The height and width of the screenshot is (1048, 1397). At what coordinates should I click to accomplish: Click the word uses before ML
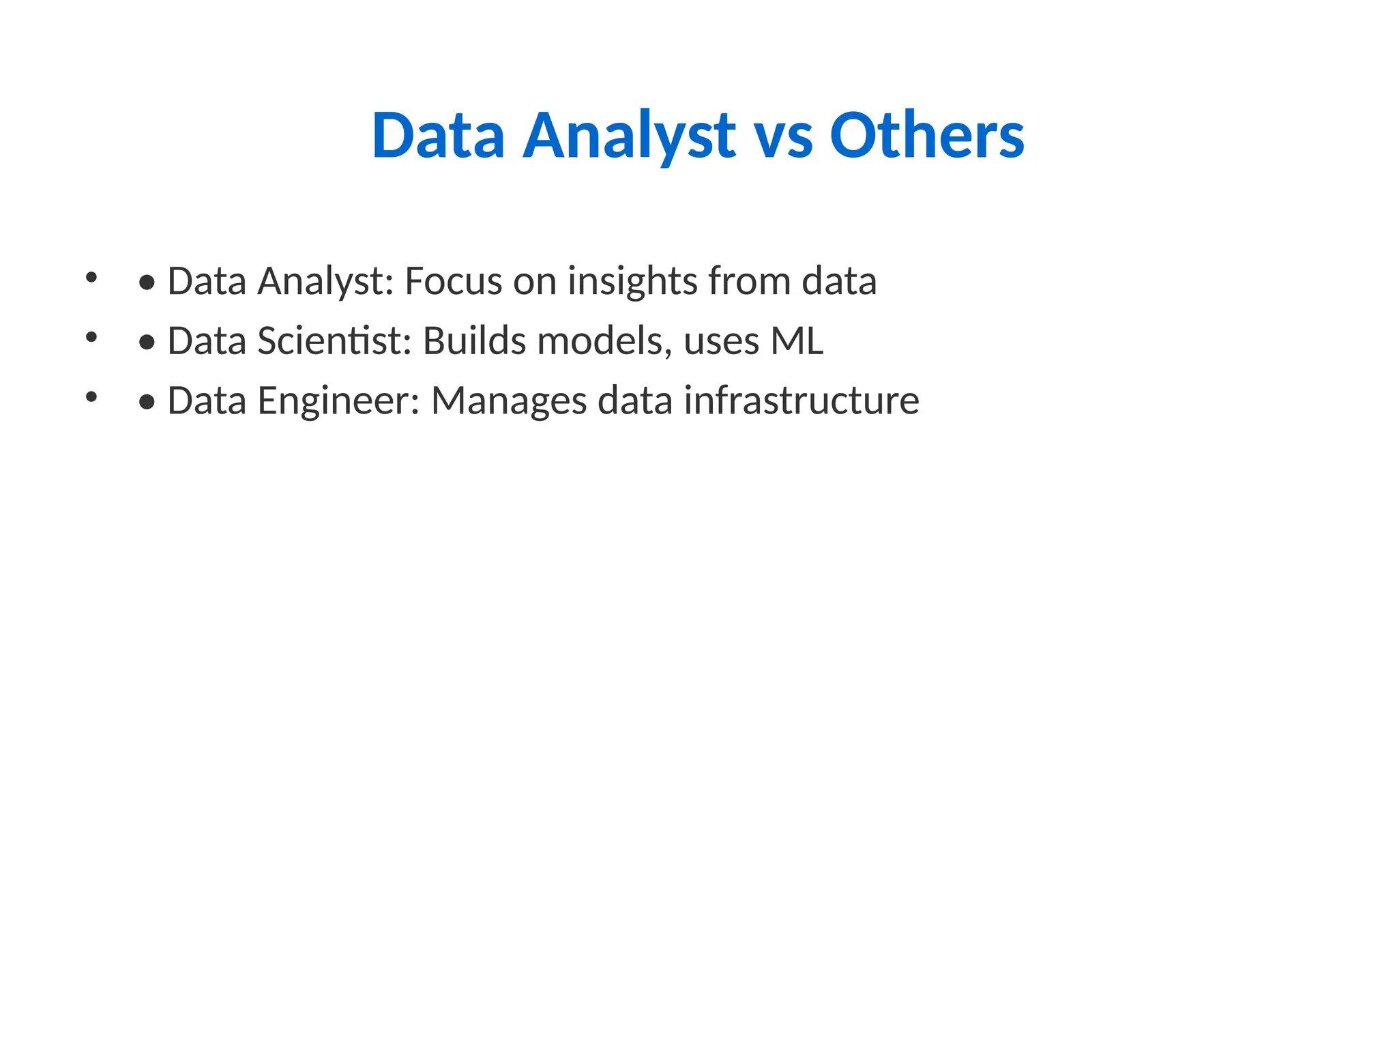(721, 342)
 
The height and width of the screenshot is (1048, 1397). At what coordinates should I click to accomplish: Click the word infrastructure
(802, 401)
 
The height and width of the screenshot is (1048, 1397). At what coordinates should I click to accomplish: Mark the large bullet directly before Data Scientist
(147, 342)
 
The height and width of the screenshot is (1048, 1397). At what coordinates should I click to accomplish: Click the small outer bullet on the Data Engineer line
(91, 396)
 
